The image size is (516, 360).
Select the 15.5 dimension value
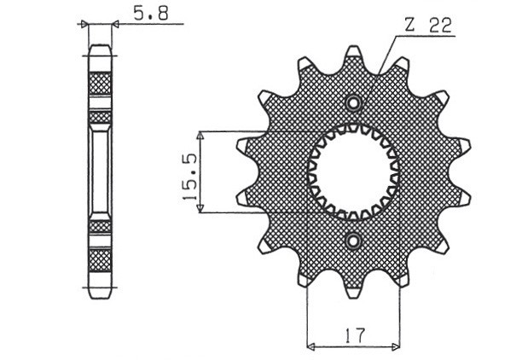click(x=189, y=173)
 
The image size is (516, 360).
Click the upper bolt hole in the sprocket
click(x=353, y=102)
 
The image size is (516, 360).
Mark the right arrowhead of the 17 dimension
click(x=397, y=346)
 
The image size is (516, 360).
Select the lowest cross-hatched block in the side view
click(x=100, y=258)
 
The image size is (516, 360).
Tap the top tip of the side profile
click(x=100, y=48)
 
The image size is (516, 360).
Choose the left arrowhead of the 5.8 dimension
click(x=84, y=26)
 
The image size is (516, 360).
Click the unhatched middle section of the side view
click(x=100, y=171)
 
